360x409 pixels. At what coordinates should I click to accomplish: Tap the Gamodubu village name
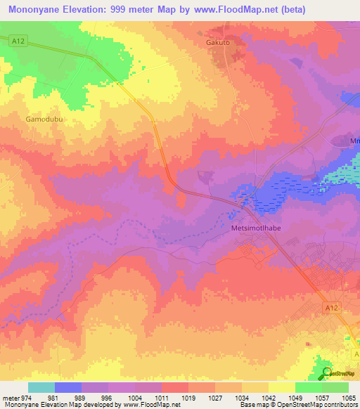[44, 119]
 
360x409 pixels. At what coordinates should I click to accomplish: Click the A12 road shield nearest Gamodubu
[19, 42]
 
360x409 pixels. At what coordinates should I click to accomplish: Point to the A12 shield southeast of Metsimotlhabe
[333, 307]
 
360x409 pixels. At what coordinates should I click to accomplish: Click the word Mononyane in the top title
[40, 10]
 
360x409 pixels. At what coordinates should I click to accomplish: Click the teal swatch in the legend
[41, 387]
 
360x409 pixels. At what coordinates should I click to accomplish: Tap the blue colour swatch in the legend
[67, 387]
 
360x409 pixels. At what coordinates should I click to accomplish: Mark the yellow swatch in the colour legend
[281, 387]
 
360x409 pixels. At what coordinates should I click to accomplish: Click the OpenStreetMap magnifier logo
[326, 372]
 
